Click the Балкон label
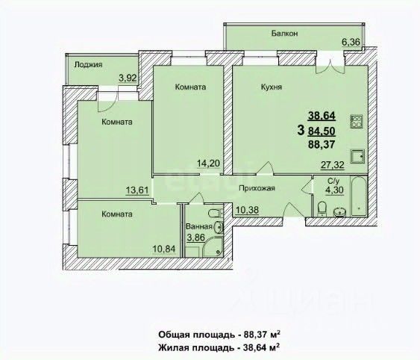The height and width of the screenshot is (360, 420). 284,34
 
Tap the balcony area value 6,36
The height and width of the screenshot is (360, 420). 350,42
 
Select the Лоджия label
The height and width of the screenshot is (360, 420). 88,65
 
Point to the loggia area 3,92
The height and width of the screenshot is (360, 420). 128,78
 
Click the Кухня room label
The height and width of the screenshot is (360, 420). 272,87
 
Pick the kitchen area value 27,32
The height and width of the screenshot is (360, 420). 333,165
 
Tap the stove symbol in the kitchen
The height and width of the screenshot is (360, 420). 357,121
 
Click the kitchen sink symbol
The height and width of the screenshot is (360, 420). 357,157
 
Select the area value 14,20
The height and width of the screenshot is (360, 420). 208,163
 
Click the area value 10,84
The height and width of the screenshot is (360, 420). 164,249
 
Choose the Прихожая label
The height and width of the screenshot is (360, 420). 257,188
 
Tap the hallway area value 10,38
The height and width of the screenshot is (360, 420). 247,210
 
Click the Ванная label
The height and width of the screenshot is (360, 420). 199,226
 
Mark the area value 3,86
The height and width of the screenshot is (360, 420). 195,238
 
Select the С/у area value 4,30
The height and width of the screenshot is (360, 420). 334,190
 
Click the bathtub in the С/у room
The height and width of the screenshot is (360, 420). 358,196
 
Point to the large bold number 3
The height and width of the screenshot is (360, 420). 301,131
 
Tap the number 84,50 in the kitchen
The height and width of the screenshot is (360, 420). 322,131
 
